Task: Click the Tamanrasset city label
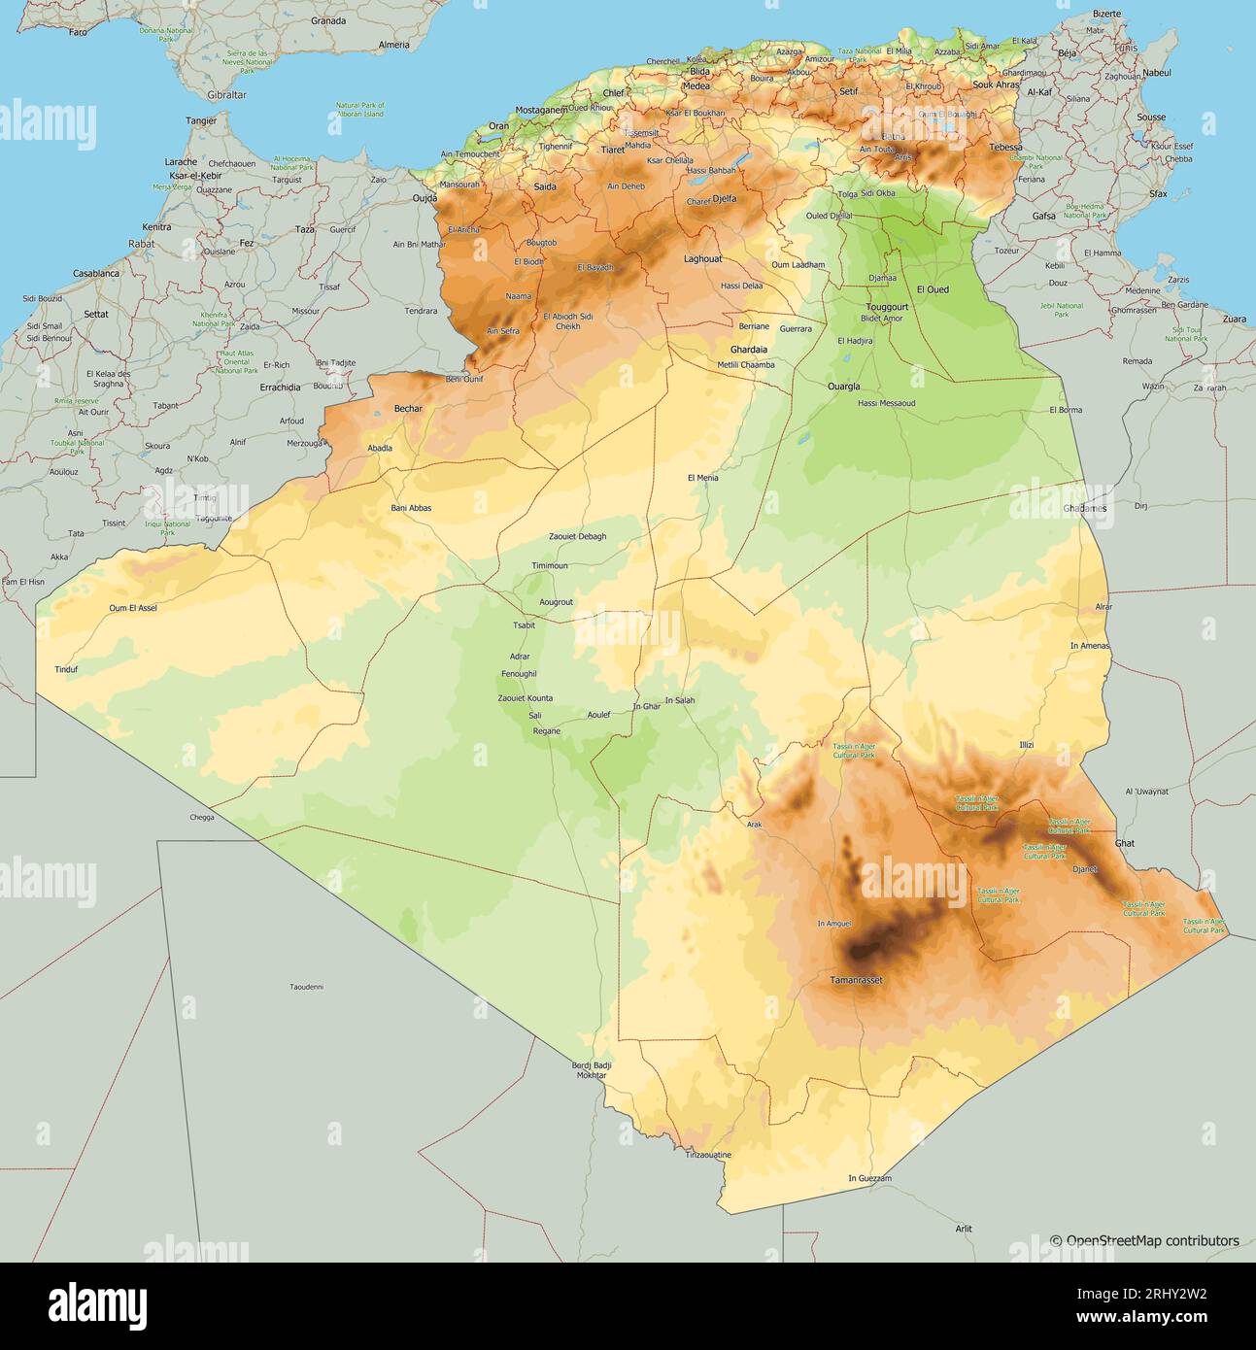pos(856,980)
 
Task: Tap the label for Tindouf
pos(66,669)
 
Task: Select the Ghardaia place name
pos(748,350)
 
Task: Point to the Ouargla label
pos(843,386)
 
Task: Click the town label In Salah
pos(680,700)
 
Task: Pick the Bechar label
pos(408,409)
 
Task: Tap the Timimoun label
pos(550,565)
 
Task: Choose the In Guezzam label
pos(869,1178)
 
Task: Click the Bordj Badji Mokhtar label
pos(593,1070)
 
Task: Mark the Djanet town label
pos(1084,869)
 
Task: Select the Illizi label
pos(1026,744)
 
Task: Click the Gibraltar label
pos(226,95)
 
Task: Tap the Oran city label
pos(498,126)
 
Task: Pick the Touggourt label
pos(887,307)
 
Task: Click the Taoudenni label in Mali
pos(307,987)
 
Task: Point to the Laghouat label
pos(702,259)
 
